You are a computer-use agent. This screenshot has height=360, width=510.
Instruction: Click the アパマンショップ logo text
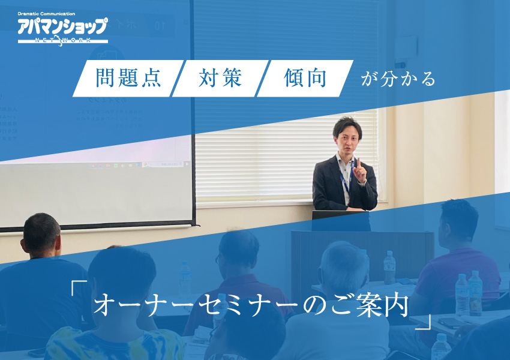pyautogui.click(x=62, y=26)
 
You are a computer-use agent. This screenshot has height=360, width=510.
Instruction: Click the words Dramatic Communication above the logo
pyautogui.click(x=47, y=14)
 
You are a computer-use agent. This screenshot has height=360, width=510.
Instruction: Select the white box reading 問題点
pyautogui.click(x=128, y=79)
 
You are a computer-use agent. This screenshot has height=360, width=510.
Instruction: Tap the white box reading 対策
pyautogui.click(x=220, y=79)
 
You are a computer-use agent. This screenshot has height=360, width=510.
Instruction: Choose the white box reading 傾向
pyautogui.click(x=305, y=79)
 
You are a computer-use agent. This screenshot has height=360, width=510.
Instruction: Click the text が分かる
pyautogui.click(x=398, y=79)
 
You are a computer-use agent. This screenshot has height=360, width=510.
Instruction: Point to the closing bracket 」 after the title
pyautogui.click(x=424, y=323)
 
